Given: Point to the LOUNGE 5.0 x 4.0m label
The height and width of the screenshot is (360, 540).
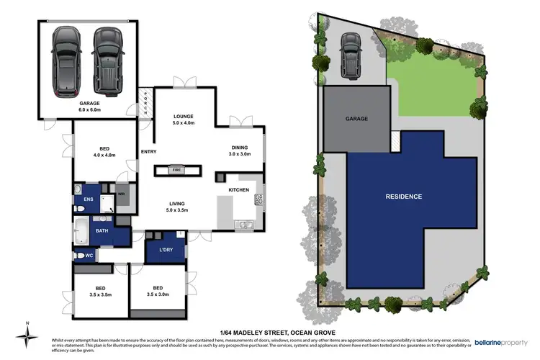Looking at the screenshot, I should click(x=182, y=120).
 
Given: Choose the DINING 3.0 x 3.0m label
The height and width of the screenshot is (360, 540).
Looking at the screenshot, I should click(x=239, y=150).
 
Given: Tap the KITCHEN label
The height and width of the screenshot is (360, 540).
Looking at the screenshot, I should click(x=239, y=189).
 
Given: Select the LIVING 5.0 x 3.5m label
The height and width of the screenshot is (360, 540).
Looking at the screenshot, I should click(x=177, y=207).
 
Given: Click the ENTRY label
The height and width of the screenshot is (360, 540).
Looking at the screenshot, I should click(x=149, y=151).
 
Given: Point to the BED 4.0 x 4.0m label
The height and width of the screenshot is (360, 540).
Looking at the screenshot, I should click(x=104, y=150).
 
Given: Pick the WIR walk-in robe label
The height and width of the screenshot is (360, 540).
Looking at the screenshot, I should click(x=122, y=194).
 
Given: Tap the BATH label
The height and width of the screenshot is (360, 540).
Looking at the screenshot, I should click(x=103, y=232).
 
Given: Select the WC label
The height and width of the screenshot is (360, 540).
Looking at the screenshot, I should click(x=90, y=255).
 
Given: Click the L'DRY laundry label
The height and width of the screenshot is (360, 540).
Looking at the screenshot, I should click(x=163, y=250).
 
